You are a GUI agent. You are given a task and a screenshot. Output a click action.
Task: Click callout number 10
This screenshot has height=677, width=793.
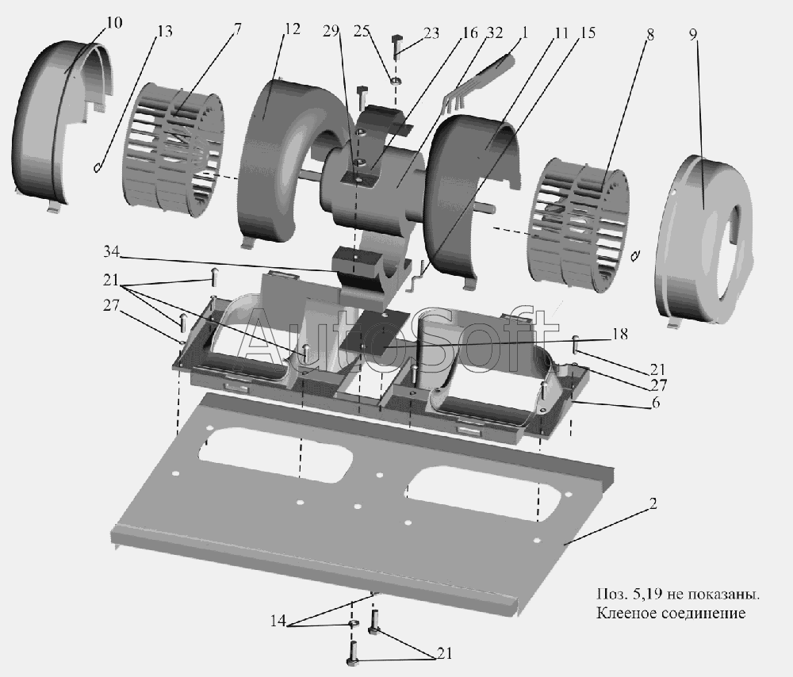113,22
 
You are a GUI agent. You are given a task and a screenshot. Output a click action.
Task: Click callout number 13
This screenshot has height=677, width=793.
165,32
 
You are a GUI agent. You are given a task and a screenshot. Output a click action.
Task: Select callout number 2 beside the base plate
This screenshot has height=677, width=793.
652,504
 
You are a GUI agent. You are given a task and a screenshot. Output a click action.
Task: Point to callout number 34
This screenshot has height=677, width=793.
113,252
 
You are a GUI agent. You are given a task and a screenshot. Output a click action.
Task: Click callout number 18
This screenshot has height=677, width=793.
619,335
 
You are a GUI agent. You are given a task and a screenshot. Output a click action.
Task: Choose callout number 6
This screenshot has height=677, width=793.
655,404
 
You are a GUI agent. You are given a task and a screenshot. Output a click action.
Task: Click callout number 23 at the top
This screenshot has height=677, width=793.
431,34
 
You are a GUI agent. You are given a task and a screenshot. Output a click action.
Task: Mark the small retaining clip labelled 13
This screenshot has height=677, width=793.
97,166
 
